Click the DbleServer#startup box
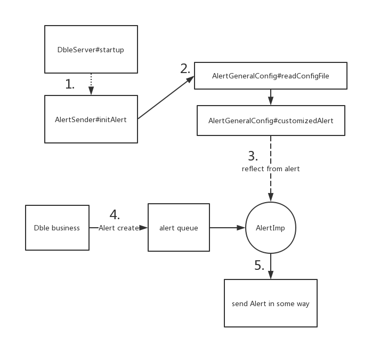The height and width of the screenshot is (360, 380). (x=91, y=49)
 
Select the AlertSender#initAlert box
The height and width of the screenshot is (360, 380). (x=91, y=119)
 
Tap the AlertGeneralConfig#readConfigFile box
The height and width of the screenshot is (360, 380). (x=271, y=76)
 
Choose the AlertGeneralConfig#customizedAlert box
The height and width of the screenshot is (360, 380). (x=271, y=121)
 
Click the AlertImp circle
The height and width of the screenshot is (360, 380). (x=271, y=228)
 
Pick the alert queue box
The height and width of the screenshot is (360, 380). (x=179, y=228)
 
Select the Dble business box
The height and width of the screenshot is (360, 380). (x=57, y=228)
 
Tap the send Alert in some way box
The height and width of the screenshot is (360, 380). (x=271, y=303)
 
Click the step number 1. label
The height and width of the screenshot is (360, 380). (x=70, y=84)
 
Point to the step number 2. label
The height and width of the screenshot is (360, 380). (x=185, y=69)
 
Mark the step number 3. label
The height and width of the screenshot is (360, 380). (x=253, y=156)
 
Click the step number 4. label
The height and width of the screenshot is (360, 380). (x=115, y=215)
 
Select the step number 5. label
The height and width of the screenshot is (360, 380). (x=260, y=265)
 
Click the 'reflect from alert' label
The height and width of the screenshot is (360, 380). (x=271, y=169)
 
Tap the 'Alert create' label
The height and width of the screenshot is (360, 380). (x=119, y=228)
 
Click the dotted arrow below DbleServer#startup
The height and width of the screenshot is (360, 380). (x=91, y=84)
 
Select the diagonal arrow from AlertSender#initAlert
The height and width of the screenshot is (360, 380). (x=166, y=97)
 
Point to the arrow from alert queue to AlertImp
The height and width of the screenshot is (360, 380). (x=228, y=228)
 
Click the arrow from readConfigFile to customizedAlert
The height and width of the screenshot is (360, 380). (x=271, y=97)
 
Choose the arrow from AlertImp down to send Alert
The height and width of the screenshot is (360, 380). (x=271, y=266)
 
